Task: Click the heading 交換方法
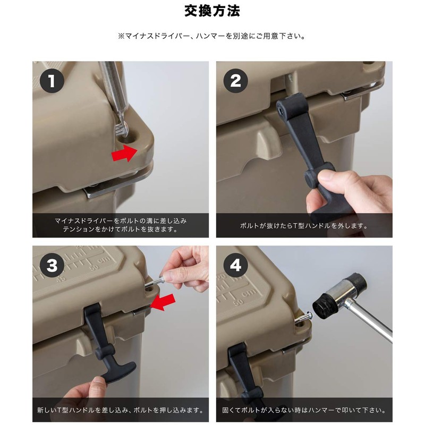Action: (212, 11)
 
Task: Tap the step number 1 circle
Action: (52, 81)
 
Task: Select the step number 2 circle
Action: (235, 81)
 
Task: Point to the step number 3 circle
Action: (52, 265)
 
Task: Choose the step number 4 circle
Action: (235, 265)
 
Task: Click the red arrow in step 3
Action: (163, 302)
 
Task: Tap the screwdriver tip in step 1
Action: (123, 130)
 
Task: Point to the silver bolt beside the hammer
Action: (303, 317)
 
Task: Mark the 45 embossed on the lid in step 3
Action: (61, 279)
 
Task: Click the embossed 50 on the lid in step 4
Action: (239, 301)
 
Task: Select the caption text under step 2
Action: (304, 225)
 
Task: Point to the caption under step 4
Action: (304, 410)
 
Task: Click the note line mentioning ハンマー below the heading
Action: (212, 36)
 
